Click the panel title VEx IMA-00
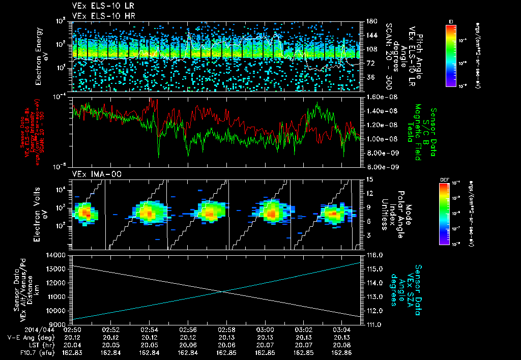click(91, 174)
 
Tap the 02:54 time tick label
click(149, 329)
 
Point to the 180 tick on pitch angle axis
click(369, 21)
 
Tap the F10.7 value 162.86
click(342, 352)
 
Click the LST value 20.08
click(342, 345)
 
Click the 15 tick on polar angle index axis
click(369, 179)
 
